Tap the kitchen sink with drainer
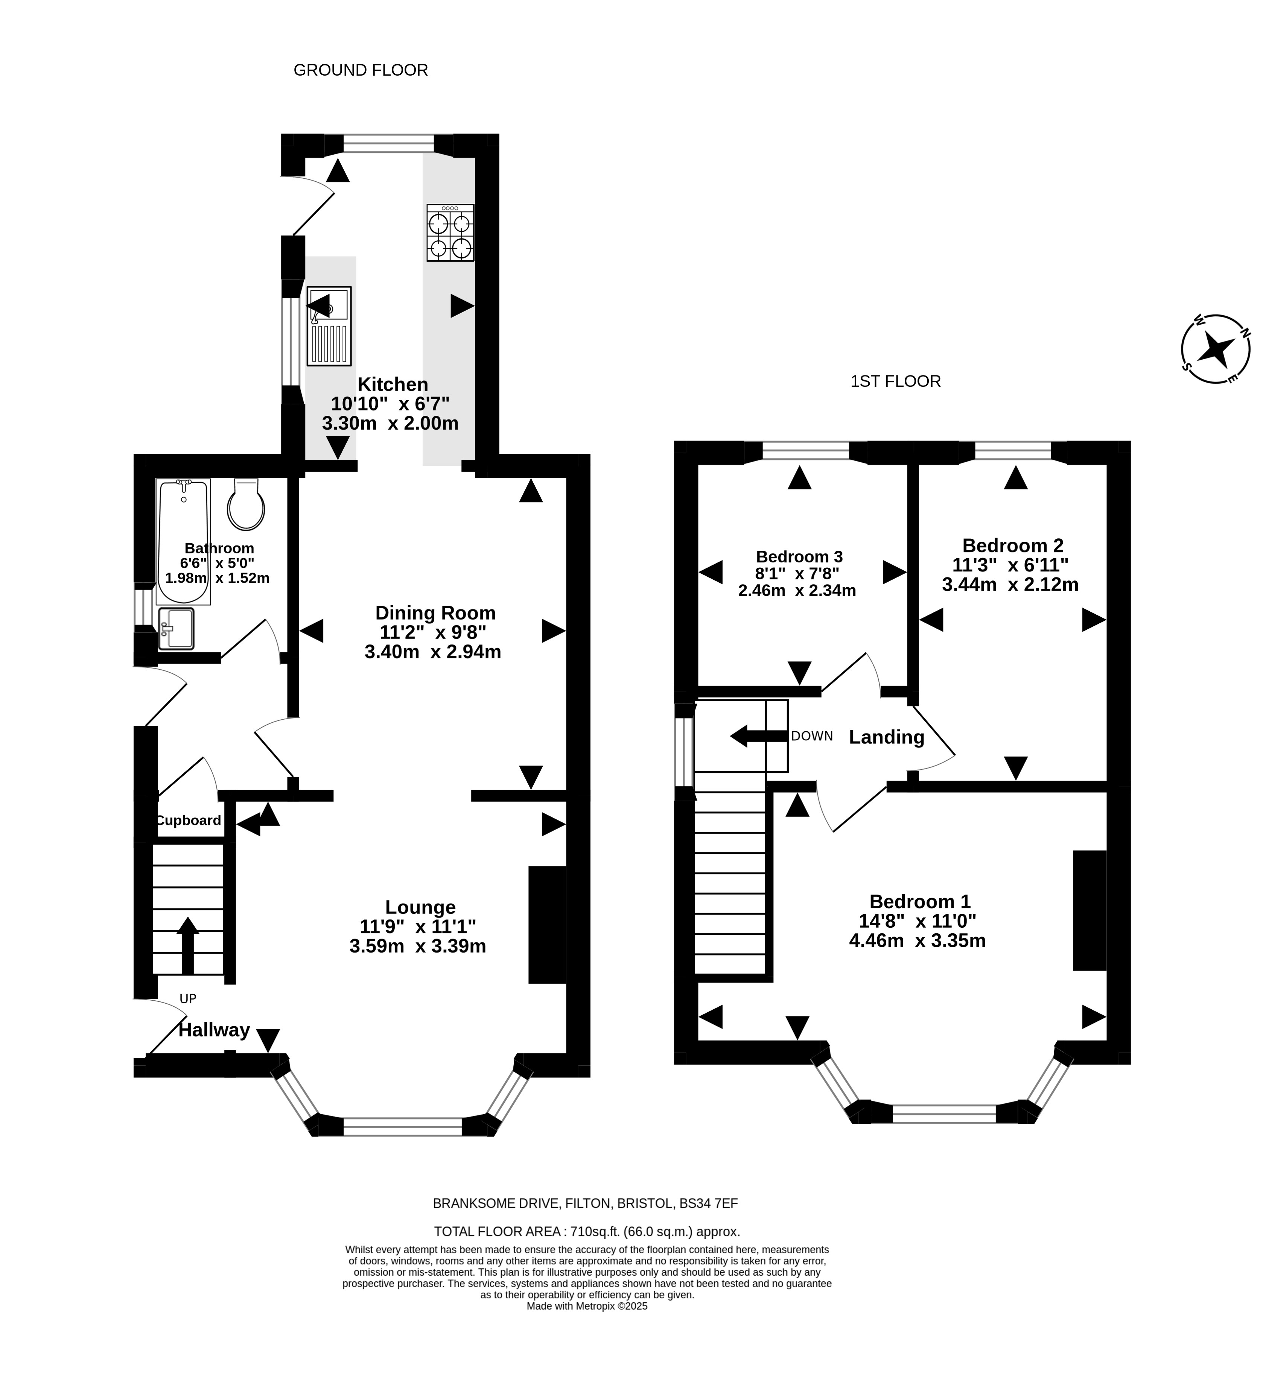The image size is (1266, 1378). pyautogui.click(x=329, y=325)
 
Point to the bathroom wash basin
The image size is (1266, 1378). pyautogui.click(x=176, y=628)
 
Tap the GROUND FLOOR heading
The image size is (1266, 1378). pyautogui.click(x=361, y=70)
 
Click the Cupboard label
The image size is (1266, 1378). pyautogui.click(x=189, y=820)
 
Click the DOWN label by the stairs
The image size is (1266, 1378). pyautogui.click(x=812, y=736)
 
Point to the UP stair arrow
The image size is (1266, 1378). pyautogui.click(x=188, y=945)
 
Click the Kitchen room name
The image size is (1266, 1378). pyautogui.click(x=393, y=384)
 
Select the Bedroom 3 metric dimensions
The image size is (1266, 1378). pyautogui.click(x=797, y=590)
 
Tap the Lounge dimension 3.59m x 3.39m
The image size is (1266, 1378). pyautogui.click(x=418, y=947)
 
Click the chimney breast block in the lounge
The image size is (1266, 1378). pyautogui.click(x=547, y=925)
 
